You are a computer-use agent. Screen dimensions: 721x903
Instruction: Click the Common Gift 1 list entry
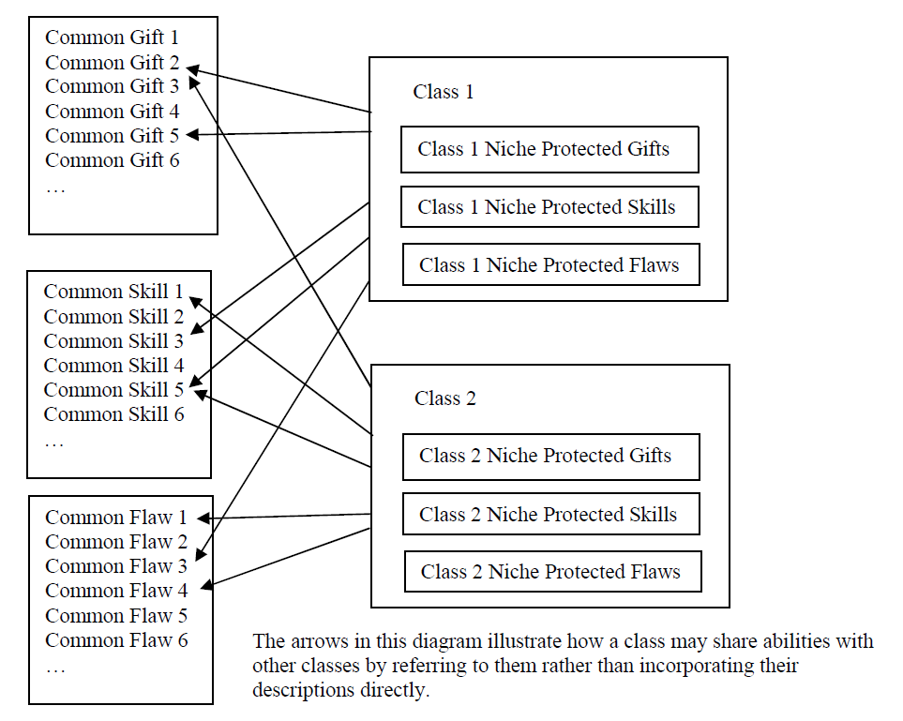[x=112, y=38]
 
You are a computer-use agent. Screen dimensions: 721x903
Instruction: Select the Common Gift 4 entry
[x=112, y=112]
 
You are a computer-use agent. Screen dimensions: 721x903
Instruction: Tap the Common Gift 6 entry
[x=112, y=160]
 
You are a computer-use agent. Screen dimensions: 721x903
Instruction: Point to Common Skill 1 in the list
[x=113, y=293]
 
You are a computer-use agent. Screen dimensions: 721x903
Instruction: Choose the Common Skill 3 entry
[x=113, y=341]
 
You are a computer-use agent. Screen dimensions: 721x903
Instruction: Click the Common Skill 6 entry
[x=113, y=414]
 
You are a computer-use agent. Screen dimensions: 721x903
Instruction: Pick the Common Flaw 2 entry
[x=116, y=542]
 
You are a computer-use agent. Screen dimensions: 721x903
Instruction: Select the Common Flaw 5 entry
[x=116, y=616]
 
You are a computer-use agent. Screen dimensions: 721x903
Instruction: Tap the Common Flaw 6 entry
[x=116, y=640]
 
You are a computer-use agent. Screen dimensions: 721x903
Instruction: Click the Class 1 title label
[x=444, y=92]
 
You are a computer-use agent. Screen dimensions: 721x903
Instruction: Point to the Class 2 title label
[x=445, y=398]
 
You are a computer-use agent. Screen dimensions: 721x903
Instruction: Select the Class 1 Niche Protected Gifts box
[x=549, y=149]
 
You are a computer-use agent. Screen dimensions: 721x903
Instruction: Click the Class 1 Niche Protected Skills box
[x=549, y=207]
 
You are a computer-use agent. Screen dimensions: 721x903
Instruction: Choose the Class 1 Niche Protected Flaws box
[x=549, y=265]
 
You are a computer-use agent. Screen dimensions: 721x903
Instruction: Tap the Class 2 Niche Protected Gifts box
[x=550, y=457]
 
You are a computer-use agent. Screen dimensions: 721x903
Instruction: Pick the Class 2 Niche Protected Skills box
[x=550, y=515]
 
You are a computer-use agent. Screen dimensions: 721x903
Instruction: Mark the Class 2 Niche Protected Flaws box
[x=552, y=572]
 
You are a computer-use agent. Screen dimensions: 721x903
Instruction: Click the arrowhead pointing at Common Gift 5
[x=190, y=135]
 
